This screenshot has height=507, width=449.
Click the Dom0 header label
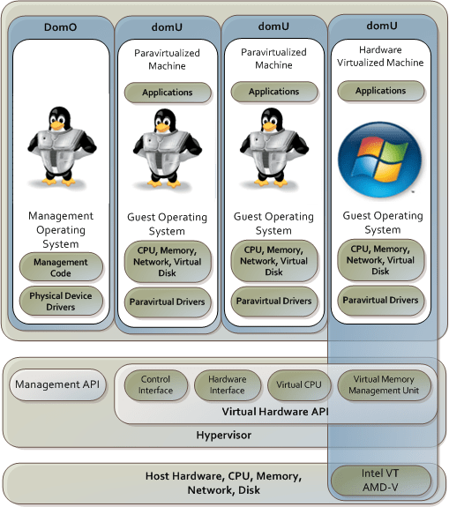[60, 27]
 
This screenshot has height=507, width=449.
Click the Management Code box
[61, 267]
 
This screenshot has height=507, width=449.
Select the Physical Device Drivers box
[61, 302]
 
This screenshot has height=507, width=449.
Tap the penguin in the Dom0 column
[60, 142]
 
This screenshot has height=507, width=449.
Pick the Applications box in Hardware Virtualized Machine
[380, 91]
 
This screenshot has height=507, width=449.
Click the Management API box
[56, 384]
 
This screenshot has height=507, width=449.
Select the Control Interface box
[155, 384]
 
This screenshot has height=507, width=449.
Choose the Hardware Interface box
[227, 384]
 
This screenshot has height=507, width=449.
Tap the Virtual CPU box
[298, 384]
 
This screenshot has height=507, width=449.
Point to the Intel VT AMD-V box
[380, 481]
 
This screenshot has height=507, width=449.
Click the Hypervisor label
[224, 436]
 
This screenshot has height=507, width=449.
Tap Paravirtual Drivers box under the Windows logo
[380, 301]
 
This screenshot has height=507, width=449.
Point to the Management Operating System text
[61, 229]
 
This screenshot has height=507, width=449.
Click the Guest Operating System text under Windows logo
[381, 222]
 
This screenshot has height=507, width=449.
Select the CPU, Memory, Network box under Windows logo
[380, 259]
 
